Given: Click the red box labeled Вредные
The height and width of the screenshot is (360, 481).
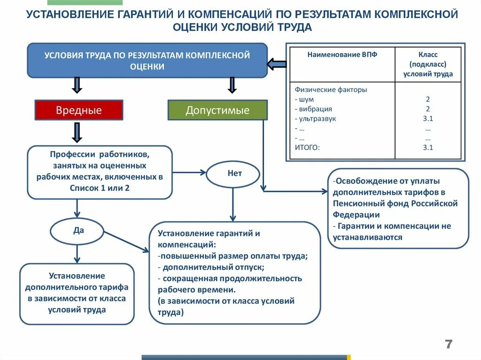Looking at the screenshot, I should pyautogui.click(x=79, y=110).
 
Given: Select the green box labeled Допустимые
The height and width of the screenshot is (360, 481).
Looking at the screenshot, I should pyautogui.click(x=217, y=110).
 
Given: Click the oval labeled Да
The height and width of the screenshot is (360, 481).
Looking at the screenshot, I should pyautogui.click(x=78, y=231).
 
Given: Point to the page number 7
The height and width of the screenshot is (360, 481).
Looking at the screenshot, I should pyautogui.click(x=449, y=345).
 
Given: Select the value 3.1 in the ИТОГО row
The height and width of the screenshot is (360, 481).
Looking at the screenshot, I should pyautogui.click(x=427, y=147).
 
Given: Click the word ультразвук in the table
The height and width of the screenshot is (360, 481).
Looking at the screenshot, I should pyautogui.click(x=318, y=119).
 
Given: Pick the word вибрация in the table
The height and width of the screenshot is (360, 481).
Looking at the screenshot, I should pyautogui.click(x=316, y=109).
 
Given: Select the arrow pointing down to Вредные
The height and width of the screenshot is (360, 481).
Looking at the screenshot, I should pyautogui.click(x=78, y=85).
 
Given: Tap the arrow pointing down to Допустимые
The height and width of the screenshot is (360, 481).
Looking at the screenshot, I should pyautogui.click(x=232, y=85).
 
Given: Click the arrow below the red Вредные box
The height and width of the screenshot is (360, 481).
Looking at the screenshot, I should pyautogui.click(x=78, y=132).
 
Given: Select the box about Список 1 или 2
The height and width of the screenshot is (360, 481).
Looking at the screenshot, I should pyautogui.click(x=100, y=172).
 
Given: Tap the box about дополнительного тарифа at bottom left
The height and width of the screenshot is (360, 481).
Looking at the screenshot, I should pyautogui.click(x=77, y=293).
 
